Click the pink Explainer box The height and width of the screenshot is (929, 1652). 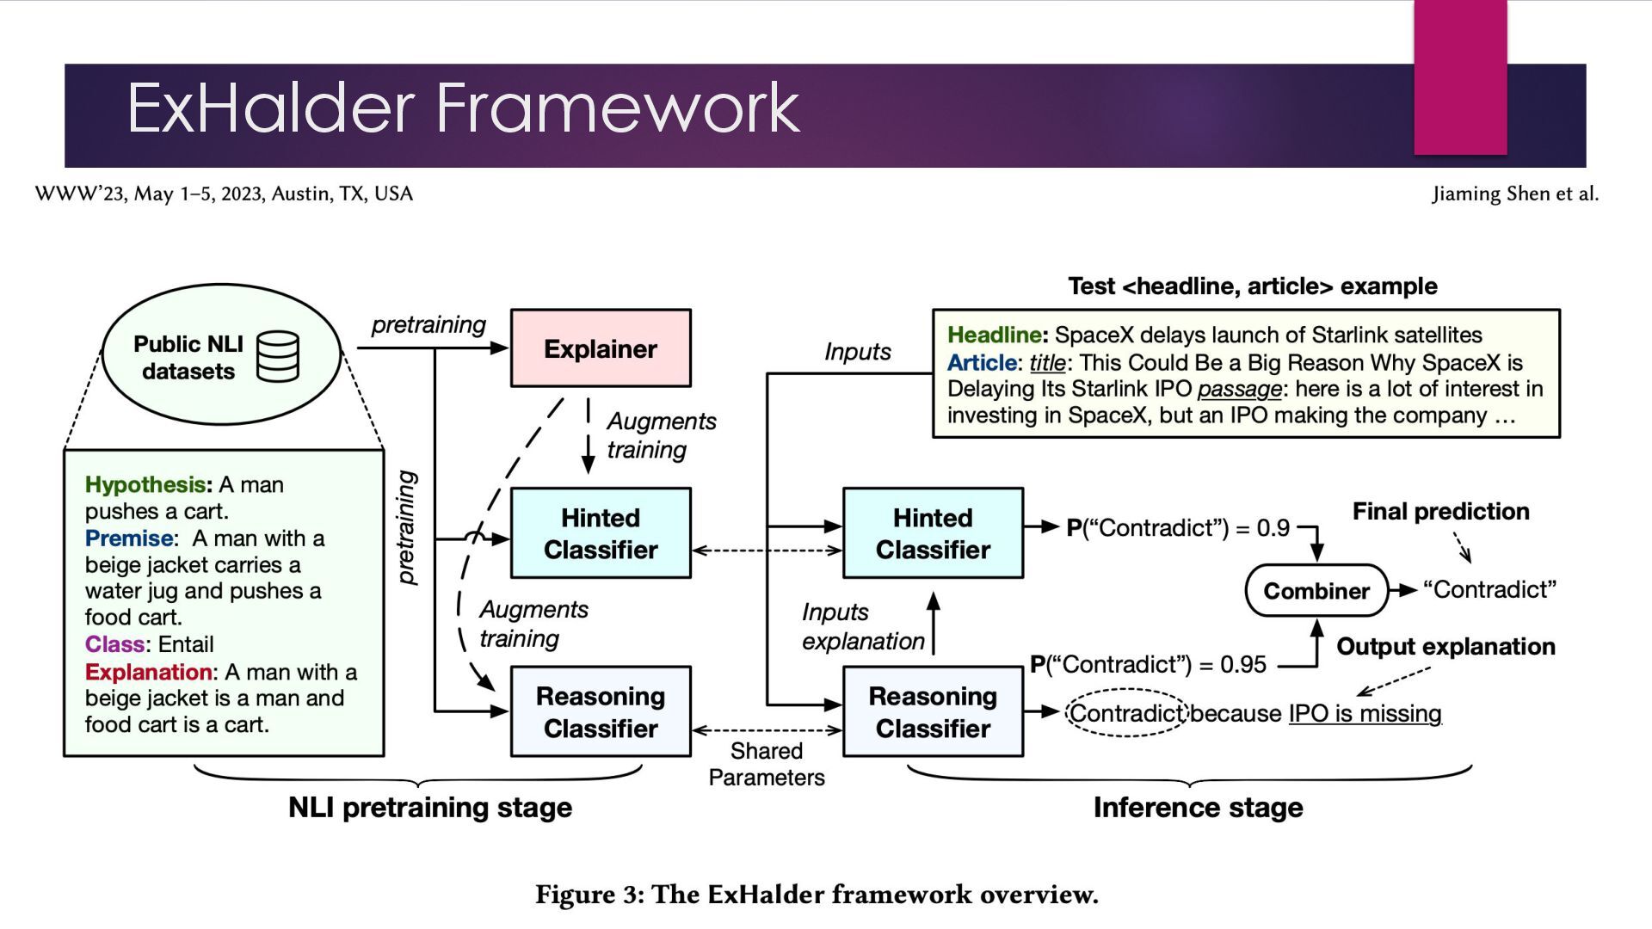(x=601, y=348)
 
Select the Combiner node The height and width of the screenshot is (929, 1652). (x=1316, y=591)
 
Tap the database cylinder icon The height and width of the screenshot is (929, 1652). (x=278, y=356)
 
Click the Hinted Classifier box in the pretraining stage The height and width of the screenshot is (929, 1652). (x=601, y=533)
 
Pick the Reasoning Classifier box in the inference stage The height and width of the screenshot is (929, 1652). (x=933, y=712)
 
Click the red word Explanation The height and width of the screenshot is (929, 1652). (x=148, y=672)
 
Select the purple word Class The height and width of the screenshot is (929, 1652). (x=114, y=644)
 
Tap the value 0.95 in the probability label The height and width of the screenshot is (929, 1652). (x=1243, y=665)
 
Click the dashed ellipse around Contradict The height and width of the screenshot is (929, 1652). (x=1126, y=713)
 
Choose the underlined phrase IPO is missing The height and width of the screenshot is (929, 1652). (x=1365, y=714)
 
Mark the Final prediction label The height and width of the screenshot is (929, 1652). (x=1440, y=512)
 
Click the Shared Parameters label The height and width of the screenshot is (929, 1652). (x=766, y=764)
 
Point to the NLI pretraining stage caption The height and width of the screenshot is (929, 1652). (x=429, y=808)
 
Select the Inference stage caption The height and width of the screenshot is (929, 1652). (x=1198, y=808)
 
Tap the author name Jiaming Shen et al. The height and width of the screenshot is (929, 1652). (x=1514, y=194)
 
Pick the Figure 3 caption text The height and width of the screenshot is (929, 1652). (x=817, y=895)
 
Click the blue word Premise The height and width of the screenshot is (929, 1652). (x=129, y=538)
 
